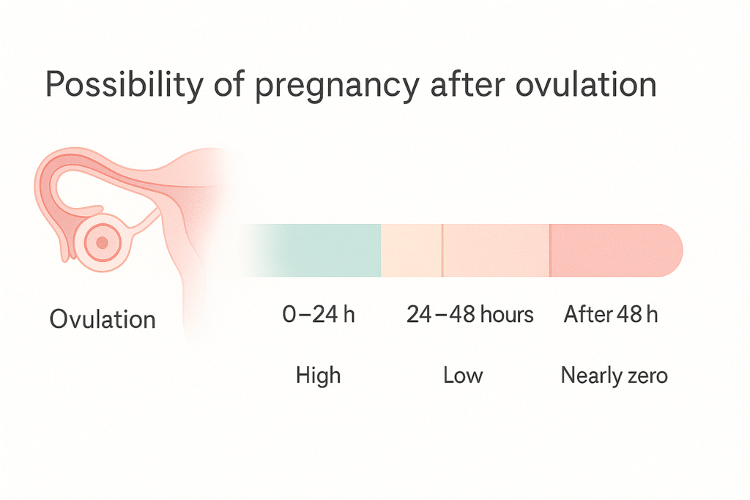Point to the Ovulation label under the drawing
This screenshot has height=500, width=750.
pyautogui.click(x=103, y=319)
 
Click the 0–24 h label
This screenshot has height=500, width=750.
pyautogui.click(x=318, y=316)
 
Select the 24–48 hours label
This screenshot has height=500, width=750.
pyautogui.click(x=469, y=316)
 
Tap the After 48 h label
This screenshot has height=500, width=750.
pyautogui.click(x=611, y=316)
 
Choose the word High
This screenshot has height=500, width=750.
pyautogui.click(x=318, y=376)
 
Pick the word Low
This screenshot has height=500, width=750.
pyautogui.click(x=463, y=376)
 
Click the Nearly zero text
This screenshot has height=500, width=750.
pyautogui.click(x=614, y=376)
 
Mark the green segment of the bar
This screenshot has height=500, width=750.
pyautogui.click(x=322, y=250)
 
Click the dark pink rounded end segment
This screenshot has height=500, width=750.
pyautogui.click(x=615, y=250)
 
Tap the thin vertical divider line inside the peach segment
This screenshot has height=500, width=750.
pyautogui.click(x=442, y=250)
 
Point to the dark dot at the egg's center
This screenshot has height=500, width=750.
pyautogui.click(x=103, y=242)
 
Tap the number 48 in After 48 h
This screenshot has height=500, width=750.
pyautogui.click(x=629, y=316)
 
